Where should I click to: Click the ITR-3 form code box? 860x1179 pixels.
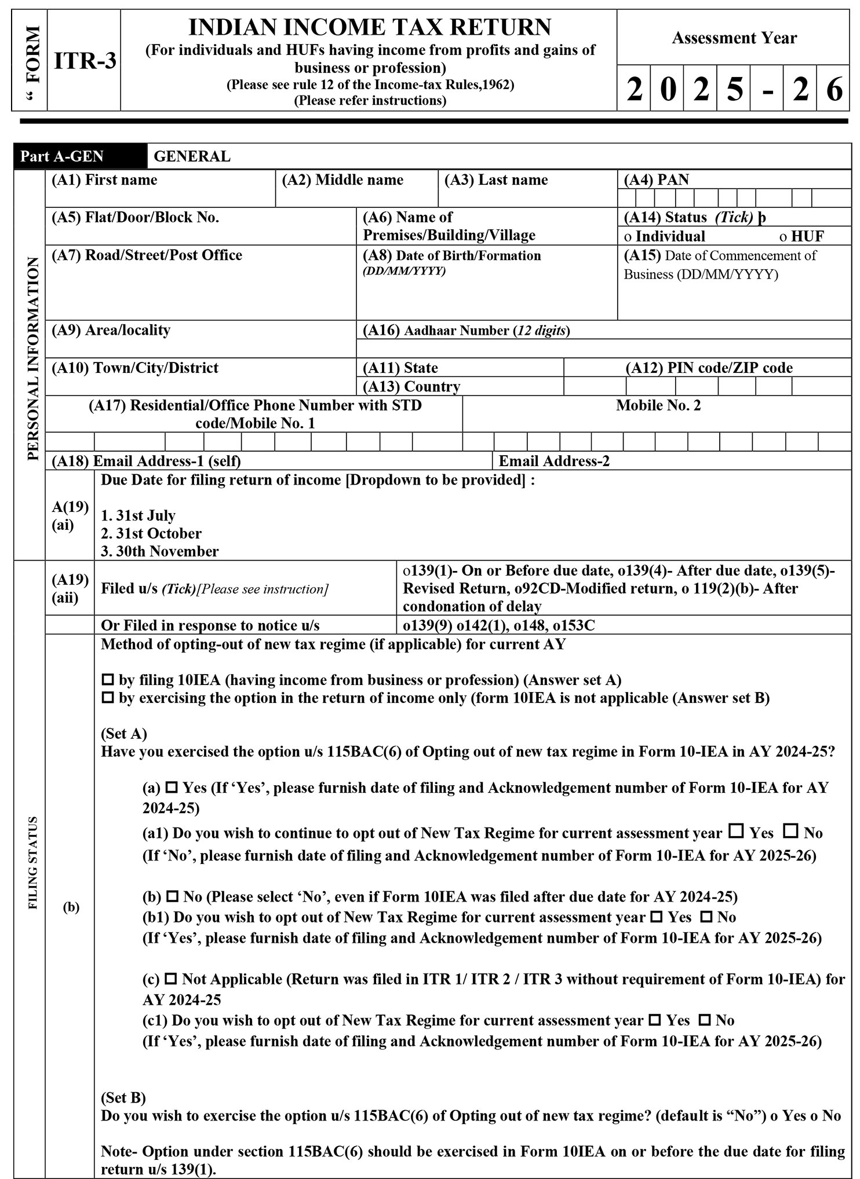85,61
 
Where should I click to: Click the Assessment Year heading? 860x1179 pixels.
734,38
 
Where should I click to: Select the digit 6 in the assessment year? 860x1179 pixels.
833,89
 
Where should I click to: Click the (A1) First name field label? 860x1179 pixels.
104,180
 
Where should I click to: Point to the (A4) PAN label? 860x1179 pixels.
656,180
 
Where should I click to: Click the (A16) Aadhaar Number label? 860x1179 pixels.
466,331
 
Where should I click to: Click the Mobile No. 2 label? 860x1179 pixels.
658,405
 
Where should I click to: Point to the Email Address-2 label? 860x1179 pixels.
553,461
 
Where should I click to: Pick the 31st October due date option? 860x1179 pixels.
151,533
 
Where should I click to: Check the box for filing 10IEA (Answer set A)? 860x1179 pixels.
108,680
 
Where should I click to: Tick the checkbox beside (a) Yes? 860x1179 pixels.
172,788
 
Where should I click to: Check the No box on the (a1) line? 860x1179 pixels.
790,832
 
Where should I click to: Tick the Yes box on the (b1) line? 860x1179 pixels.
656,917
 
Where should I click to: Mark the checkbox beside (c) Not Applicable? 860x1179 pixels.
171,979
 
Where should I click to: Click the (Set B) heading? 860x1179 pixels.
123,1097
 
